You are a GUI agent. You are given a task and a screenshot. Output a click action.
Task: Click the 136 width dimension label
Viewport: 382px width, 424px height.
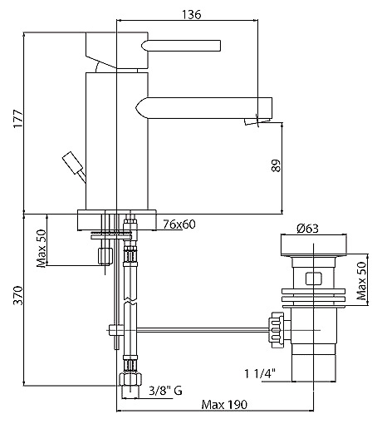click(x=191, y=14)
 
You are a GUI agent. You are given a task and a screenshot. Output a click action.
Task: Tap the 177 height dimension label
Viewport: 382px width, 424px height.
click(x=18, y=119)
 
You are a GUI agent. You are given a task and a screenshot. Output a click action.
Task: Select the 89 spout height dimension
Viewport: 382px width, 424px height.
click(x=276, y=165)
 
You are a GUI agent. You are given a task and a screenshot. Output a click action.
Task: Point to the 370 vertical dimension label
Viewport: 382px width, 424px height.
click(x=18, y=295)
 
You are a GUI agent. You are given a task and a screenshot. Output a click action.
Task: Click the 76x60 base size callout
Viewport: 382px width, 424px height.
click(x=179, y=224)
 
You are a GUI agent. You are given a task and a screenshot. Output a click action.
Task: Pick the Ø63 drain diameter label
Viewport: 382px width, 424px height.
click(x=307, y=229)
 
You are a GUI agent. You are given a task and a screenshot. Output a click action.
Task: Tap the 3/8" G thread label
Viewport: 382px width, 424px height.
click(x=165, y=391)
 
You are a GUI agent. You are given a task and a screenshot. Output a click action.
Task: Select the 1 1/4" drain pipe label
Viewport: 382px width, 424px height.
click(x=260, y=373)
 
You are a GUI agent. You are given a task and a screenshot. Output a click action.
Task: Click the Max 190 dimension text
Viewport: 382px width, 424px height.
click(x=224, y=405)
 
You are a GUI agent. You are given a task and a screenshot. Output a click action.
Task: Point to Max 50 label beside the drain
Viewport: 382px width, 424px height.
click(x=361, y=281)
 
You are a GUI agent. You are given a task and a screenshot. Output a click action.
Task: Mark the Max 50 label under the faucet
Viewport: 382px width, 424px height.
click(x=42, y=249)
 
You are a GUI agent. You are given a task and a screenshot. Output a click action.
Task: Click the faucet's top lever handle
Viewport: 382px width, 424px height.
click(x=181, y=46)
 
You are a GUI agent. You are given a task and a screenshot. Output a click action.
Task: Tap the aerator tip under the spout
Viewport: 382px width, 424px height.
click(x=257, y=121)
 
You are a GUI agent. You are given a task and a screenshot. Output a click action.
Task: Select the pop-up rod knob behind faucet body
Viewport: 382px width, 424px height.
click(x=73, y=163)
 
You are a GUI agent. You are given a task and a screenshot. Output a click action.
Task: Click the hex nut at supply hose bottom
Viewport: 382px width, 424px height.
click(x=130, y=379)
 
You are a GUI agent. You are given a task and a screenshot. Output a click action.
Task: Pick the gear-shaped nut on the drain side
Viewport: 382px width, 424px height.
click(x=277, y=330)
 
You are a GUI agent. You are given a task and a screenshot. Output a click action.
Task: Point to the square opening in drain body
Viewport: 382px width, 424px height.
click(x=313, y=279)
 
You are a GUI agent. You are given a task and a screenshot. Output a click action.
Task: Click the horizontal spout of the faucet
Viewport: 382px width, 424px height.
click(x=204, y=108)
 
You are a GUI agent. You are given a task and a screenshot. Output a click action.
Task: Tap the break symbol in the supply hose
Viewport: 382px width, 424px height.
click(x=130, y=301)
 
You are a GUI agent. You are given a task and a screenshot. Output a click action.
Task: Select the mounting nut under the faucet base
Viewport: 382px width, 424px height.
click(x=105, y=256)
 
